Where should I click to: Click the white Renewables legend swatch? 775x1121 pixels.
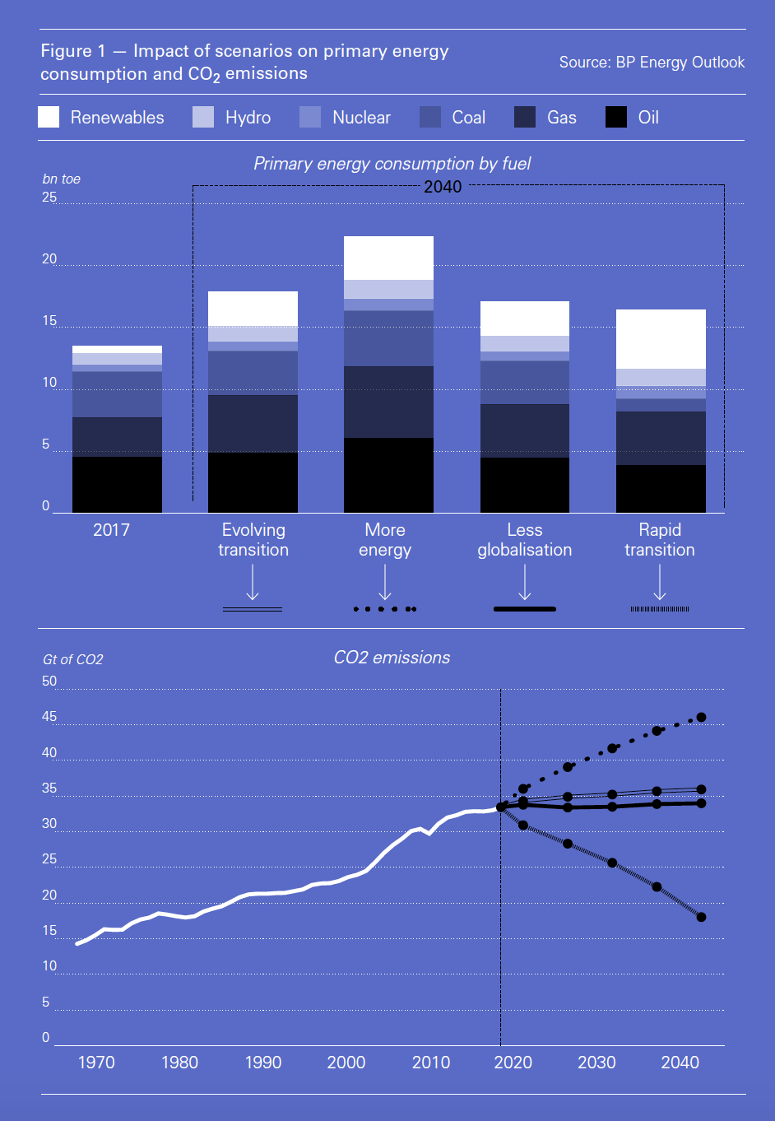click(x=49, y=117)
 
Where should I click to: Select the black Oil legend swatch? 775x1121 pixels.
click(x=616, y=117)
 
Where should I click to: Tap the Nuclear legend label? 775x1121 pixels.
click(x=361, y=118)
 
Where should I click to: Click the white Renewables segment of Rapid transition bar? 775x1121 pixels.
click(x=661, y=339)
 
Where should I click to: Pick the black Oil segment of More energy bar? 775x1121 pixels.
click(x=388, y=475)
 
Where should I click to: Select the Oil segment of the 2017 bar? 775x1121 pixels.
click(x=117, y=484)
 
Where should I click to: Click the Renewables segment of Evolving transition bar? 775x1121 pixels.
click(x=253, y=309)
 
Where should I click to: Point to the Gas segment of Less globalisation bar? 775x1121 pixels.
click(x=525, y=430)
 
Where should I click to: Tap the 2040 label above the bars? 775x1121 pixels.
click(x=443, y=187)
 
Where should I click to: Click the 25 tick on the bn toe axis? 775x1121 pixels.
click(x=49, y=198)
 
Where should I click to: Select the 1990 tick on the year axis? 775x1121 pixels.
click(x=263, y=1063)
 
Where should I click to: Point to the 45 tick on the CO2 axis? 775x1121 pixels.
click(x=49, y=717)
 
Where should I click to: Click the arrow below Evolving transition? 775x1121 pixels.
click(x=253, y=583)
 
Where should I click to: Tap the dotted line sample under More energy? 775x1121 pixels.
click(x=385, y=609)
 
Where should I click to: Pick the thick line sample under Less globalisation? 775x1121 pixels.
click(x=525, y=609)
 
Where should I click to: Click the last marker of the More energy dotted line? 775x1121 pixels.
click(x=701, y=718)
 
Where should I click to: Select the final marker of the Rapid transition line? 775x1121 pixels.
click(x=701, y=917)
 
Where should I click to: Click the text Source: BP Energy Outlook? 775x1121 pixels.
click(x=652, y=63)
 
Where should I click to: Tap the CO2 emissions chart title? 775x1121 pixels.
click(x=392, y=658)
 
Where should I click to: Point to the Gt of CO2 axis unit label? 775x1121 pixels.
click(x=73, y=659)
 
